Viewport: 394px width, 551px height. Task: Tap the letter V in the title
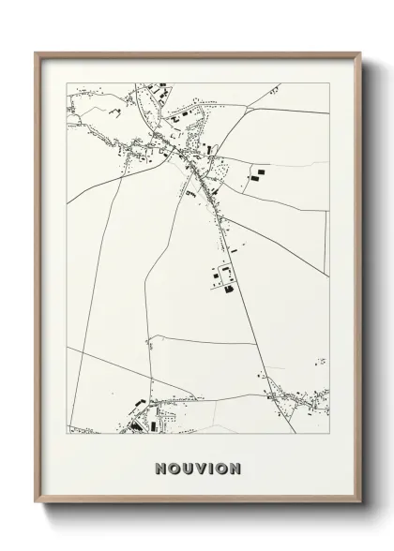coord(202,468)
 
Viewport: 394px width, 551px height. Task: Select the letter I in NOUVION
coord(212,468)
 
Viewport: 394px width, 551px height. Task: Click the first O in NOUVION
coord(174,468)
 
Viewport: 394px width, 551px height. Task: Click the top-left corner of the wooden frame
coord(36,52)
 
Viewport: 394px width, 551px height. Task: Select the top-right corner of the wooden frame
coord(360,52)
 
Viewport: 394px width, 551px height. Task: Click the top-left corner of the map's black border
coord(66,82)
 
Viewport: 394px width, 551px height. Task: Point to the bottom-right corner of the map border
coord(330,435)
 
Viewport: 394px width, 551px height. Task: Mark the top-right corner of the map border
coord(330,82)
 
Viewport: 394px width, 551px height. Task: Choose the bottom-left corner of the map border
coord(66,435)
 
